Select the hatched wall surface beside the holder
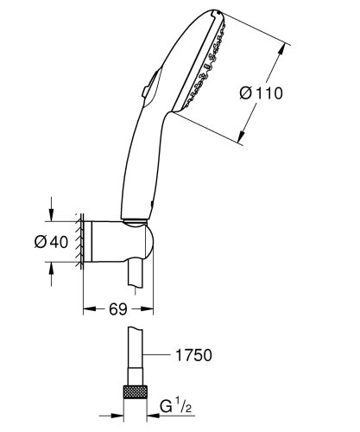(x=79, y=240)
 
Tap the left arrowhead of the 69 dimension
(x=85, y=307)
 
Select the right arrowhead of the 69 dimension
(x=153, y=307)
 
